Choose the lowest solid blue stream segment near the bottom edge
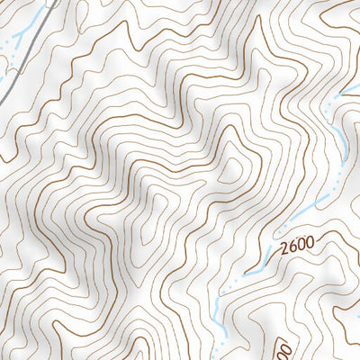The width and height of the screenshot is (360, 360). pyautogui.click(x=219, y=310)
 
